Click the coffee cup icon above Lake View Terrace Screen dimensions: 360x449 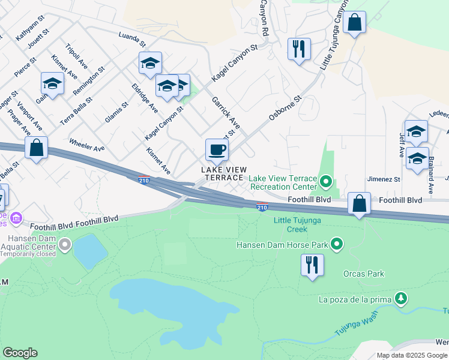pyautogui.click(x=217, y=149)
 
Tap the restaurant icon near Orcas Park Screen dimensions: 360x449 pyautogui.click(x=312, y=265)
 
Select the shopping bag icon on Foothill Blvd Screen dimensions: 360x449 pyautogui.click(x=359, y=204)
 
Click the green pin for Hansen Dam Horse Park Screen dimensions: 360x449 pyautogui.click(x=337, y=244)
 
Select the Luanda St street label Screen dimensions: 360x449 pyautogui.click(x=132, y=40)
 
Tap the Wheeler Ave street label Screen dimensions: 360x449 pyautogui.click(x=87, y=145)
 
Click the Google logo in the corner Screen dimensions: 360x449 pyautogui.click(x=20, y=353)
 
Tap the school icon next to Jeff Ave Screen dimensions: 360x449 pyautogui.click(x=416, y=131)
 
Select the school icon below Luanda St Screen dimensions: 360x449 pyautogui.click(x=150, y=63)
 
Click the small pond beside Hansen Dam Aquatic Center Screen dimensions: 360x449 pyautogui.click(x=88, y=251)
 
